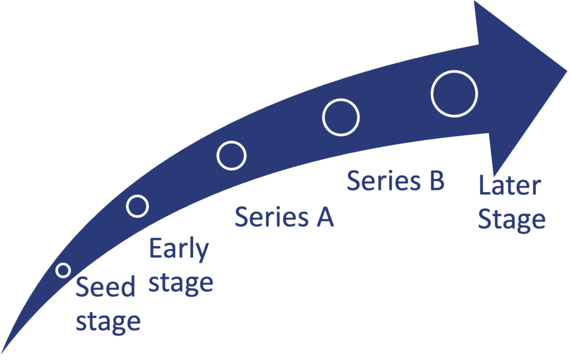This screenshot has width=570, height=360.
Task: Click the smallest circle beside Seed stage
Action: click(63, 270)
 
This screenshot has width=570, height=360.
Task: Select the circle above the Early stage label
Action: click(137, 206)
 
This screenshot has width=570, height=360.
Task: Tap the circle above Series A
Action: click(231, 156)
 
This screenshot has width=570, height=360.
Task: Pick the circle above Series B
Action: click(341, 117)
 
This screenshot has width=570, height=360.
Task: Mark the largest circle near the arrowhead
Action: click(454, 94)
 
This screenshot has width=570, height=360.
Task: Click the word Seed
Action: click(106, 288)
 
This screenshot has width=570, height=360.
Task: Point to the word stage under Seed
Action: click(108, 321)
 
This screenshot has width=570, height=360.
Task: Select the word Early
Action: click(179, 251)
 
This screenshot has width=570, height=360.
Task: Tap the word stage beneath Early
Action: click(181, 284)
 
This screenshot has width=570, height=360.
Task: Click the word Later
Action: click(509, 186)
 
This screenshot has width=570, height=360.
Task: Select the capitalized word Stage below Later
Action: click(512, 219)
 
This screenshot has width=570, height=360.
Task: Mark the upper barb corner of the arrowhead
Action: click(475, 2)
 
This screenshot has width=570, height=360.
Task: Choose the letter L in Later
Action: click(484, 186)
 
